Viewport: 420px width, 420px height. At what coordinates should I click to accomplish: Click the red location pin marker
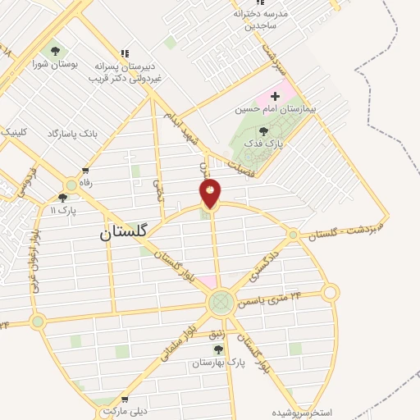(211, 194)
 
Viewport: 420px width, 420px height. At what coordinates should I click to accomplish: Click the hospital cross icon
(275, 97)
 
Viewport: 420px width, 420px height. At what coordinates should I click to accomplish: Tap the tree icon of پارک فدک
(263, 131)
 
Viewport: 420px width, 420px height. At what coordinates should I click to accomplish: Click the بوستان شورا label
(55, 62)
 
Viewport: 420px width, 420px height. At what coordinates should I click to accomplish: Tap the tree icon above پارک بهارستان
(217, 350)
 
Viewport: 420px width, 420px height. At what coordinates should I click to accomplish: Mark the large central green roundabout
(219, 304)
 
